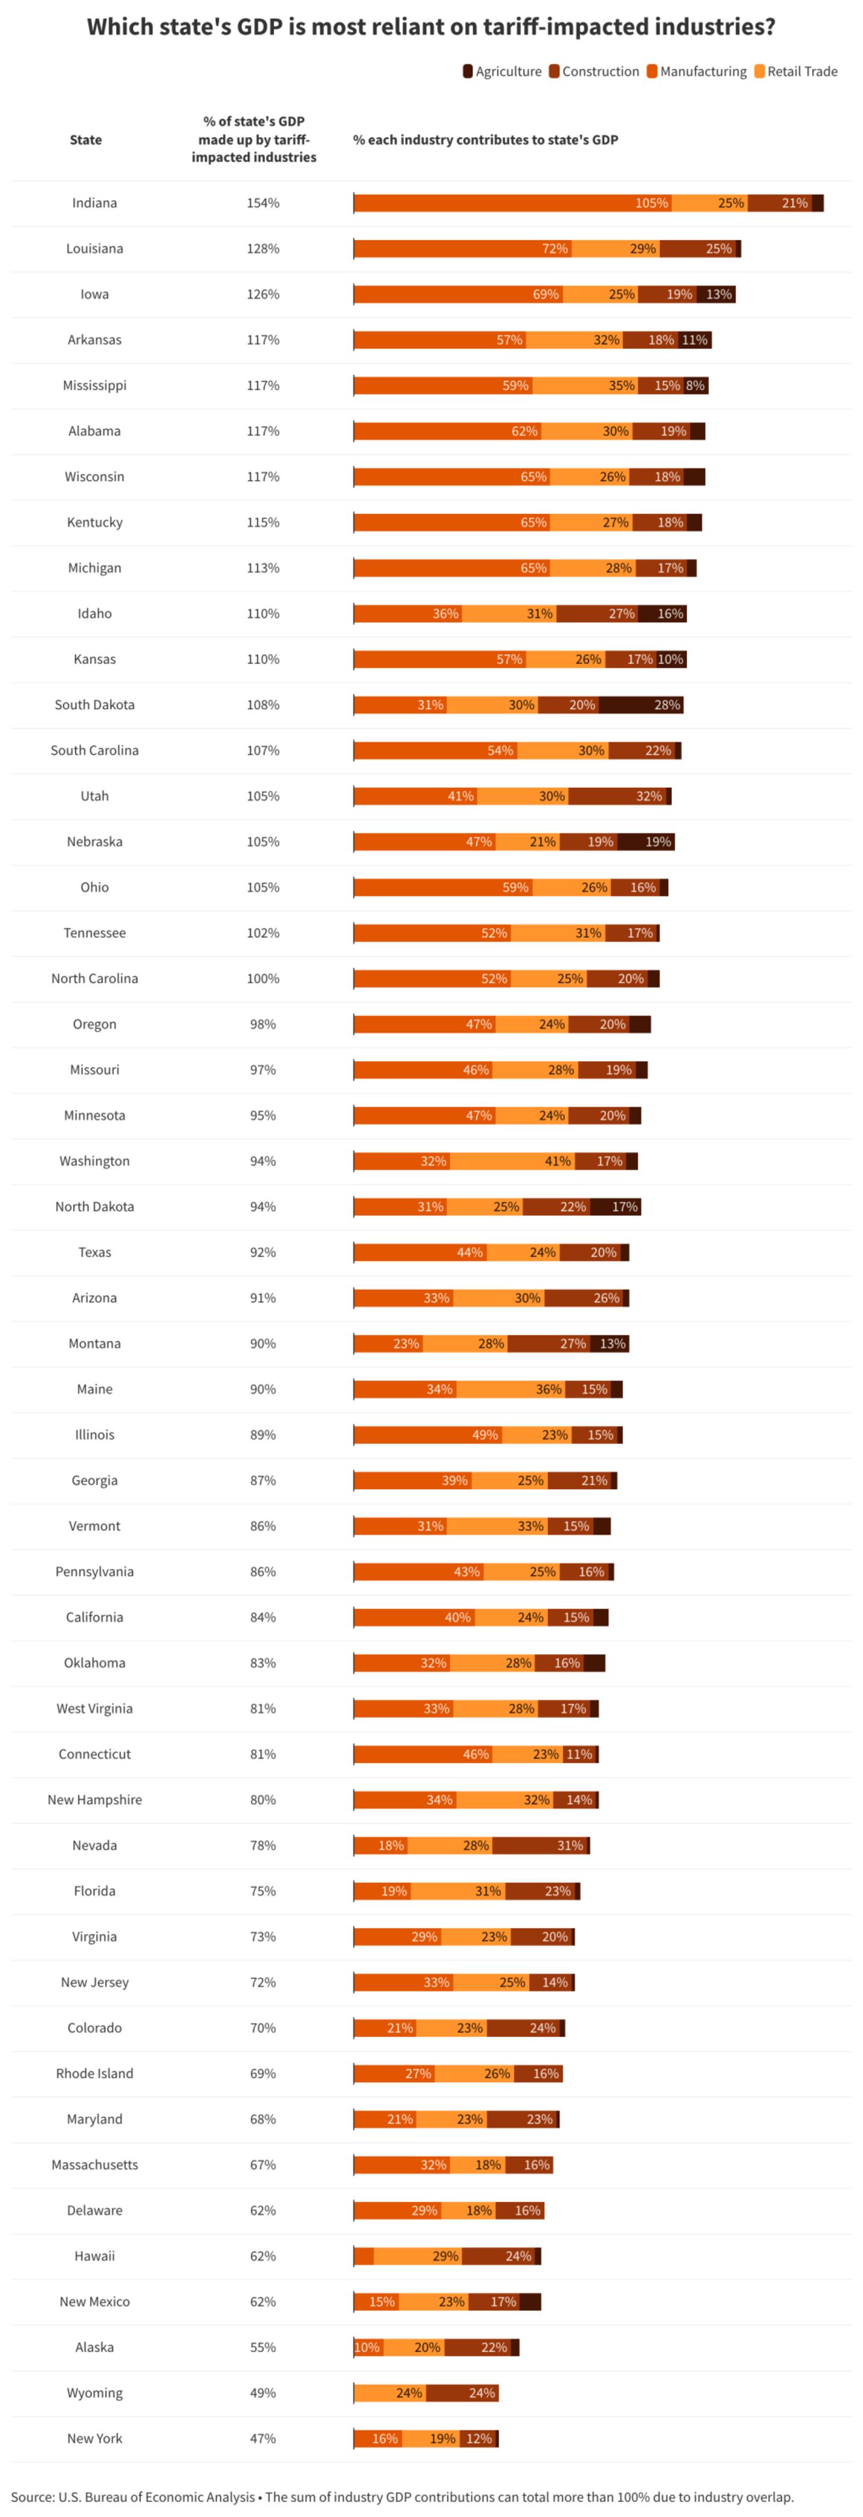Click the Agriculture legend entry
point(502,71)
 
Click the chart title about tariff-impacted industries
point(431,26)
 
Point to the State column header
point(86,140)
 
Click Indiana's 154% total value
point(263,203)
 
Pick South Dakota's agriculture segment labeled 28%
point(641,704)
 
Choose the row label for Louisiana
point(95,248)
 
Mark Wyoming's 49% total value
point(263,2393)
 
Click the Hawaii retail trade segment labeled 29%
point(418,2256)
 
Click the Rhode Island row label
point(95,2073)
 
